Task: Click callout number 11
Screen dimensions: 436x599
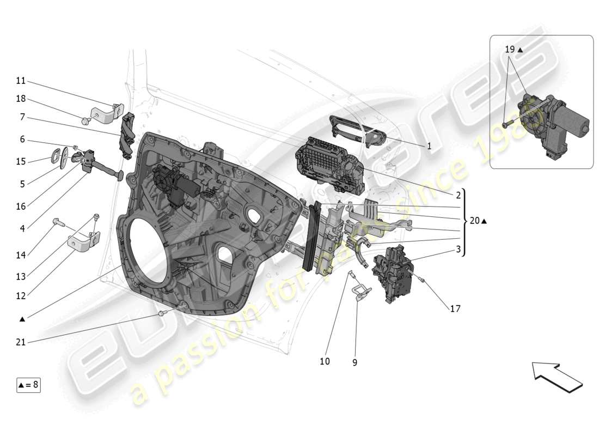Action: tap(21, 81)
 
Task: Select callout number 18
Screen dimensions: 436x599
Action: tap(21, 99)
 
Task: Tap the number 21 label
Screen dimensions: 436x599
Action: tap(21, 342)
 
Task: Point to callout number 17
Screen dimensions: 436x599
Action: tap(455, 308)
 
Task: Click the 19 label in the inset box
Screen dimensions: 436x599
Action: tap(510, 49)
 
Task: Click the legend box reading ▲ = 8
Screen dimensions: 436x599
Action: tap(28, 385)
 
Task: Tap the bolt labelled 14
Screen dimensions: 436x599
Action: tap(58, 222)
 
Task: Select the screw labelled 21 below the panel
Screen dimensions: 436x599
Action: tap(162, 314)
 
